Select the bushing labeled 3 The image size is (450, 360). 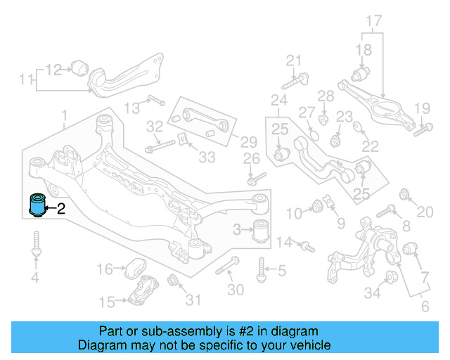pyautogui.click(x=262, y=230)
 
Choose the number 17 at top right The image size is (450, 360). pyautogui.click(x=373, y=20)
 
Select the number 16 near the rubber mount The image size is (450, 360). pyautogui.click(x=104, y=269)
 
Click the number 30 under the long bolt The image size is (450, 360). pyautogui.click(x=236, y=290)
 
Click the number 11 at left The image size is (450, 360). pyautogui.click(x=26, y=81)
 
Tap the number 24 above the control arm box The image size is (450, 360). pyautogui.click(x=279, y=99)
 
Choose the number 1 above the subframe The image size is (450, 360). pyautogui.click(x=64, y=114)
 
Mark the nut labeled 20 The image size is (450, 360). pyautogui.click(x=404, y=194)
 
